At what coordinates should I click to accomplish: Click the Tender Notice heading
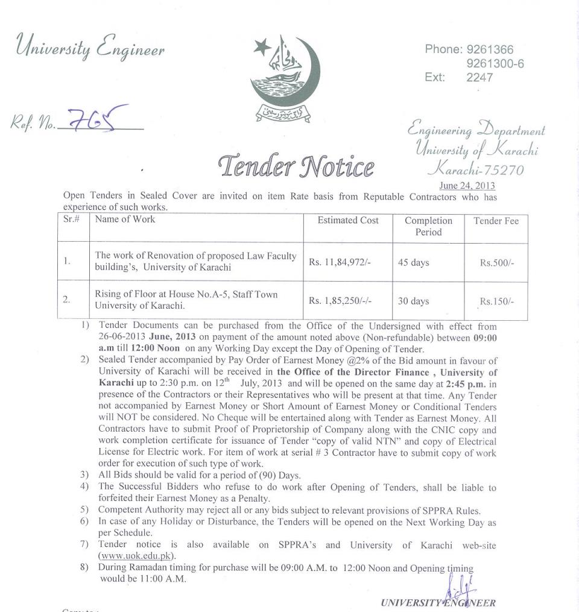297,165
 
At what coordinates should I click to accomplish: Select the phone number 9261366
490,49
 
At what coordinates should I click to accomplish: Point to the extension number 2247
479,77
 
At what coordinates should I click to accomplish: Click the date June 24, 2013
467,186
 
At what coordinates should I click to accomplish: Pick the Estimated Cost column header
348,220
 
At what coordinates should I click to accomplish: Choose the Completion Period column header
428,226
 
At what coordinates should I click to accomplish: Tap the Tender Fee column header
496,221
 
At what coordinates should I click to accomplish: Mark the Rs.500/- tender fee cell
496,263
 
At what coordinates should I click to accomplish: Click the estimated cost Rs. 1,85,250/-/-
343,300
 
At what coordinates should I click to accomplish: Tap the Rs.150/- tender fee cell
496,301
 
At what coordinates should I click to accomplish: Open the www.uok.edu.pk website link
136,555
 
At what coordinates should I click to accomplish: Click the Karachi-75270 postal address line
475,169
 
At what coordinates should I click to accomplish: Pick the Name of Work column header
125,219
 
